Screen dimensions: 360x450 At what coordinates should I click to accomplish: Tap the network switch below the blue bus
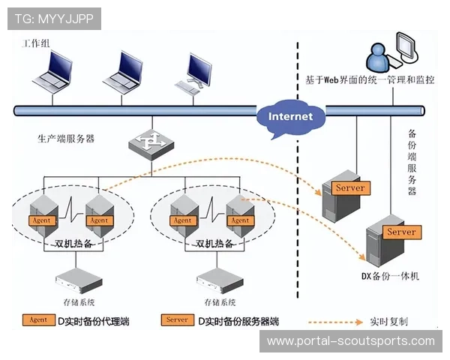tap(151, 144)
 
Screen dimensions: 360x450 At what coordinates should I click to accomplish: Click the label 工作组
tap(31, 44)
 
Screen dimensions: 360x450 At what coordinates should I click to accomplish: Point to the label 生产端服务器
tap(66, 139)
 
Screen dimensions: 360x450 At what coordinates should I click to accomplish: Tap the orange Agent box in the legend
tap(38, 320)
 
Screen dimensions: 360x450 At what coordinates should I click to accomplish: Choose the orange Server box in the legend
tap(177, 320)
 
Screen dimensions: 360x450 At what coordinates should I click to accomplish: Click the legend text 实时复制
tap(388, 321)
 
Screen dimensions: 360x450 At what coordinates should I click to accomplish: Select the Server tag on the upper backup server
tap(349, 187)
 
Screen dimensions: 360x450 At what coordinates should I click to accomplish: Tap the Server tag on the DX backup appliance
tap(400, 232)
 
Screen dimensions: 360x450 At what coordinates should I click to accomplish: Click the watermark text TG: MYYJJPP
tap(53, 18)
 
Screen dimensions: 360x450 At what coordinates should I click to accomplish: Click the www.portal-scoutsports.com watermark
tap(350, 341)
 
